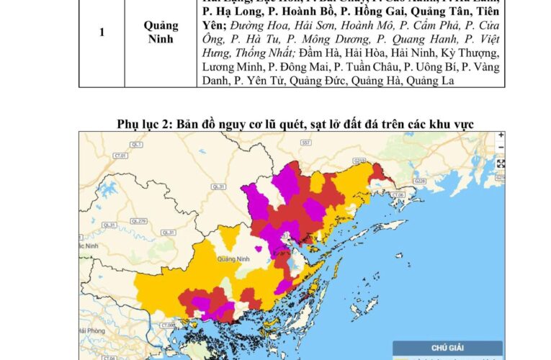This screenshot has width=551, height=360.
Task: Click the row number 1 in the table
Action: click(102, 32)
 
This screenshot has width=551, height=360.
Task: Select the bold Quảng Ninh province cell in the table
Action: click(161, 32)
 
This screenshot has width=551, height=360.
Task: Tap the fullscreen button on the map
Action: click(501, 164)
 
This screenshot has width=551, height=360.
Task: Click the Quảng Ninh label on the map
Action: click(232, 258)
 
